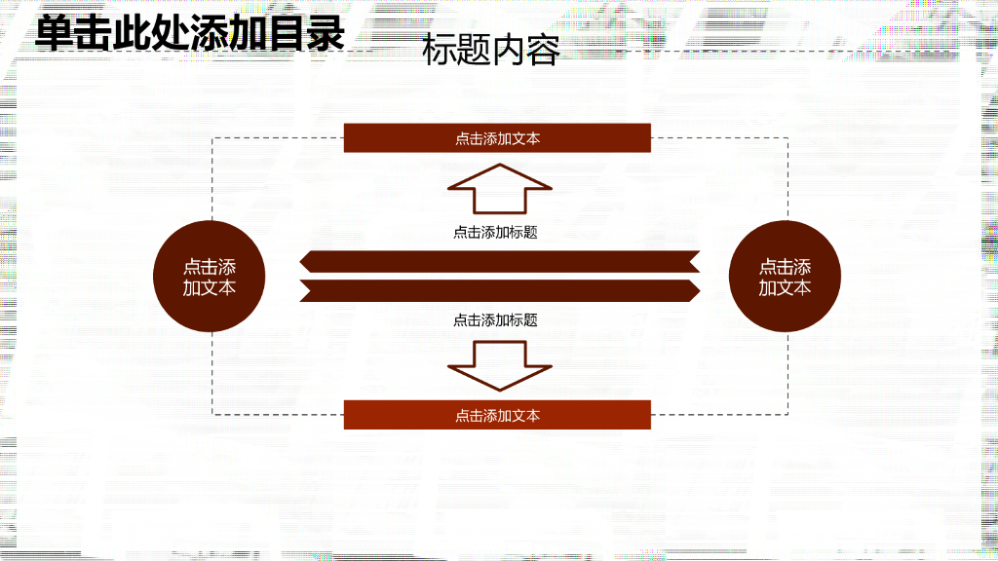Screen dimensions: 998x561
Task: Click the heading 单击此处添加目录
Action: click(190, 33)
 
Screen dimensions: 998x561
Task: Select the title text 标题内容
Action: click(491, 51)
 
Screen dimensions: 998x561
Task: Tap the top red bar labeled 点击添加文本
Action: click(497, 138)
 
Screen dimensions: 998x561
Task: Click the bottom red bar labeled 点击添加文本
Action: click(497, 415)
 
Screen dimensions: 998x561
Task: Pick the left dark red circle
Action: click(210, 277)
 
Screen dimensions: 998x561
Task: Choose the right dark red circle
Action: click(785, 277)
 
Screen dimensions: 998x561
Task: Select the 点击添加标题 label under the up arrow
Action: click(495, 233)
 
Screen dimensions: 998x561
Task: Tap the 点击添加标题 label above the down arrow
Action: click(495, 319)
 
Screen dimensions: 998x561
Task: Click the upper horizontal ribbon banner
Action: click(499, 261)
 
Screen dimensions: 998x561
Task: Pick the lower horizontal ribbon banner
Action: click(499, 290)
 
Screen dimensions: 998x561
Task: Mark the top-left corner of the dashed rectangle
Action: click(213, 138)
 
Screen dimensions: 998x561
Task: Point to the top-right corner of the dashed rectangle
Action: click(787, 138)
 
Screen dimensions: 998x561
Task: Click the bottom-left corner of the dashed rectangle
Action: click(213, 415)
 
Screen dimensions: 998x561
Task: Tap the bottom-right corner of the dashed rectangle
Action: click(787, 415)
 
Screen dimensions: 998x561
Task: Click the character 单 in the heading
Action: click(55, 33)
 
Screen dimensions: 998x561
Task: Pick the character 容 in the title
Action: click(544, 51)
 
